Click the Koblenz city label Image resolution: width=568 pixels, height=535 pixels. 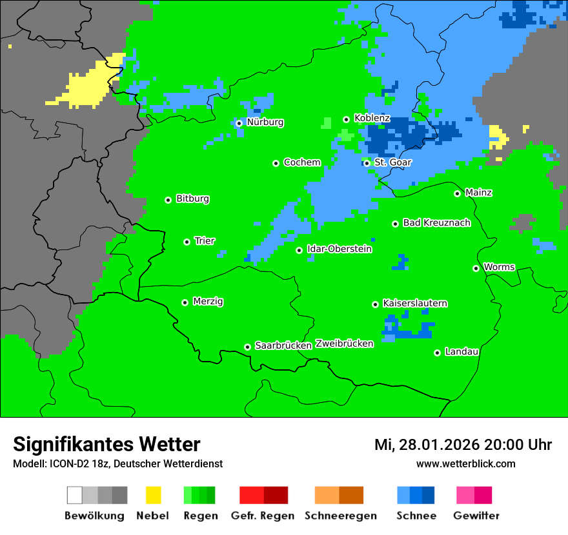(x=372, y=119)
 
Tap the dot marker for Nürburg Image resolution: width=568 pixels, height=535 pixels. (x=239, y=123)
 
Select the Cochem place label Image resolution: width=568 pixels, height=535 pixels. (x=301, y=162)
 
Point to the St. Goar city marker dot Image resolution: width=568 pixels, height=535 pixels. (x=367, y=163)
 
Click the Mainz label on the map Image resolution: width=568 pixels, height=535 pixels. (x=478, y=193)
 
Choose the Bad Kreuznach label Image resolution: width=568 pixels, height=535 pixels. (x=436, y=223)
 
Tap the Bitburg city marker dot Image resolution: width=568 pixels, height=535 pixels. (x=168, y=200)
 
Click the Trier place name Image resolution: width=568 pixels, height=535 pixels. (x=205, y=241)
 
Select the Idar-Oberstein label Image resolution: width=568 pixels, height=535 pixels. (x=340, y=249)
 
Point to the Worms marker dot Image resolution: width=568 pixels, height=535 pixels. (x=476, y=268)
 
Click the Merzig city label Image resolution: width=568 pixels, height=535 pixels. (x=208, y=302)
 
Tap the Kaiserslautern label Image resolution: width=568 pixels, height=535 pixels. (x=415, y=304)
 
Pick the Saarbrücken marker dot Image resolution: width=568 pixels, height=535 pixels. (x=247, y=347)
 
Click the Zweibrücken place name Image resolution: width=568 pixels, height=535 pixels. (x=344, y=344)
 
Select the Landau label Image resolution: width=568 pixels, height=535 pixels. (x=462, y=352)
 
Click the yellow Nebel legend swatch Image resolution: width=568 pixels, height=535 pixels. (x=154, y=495)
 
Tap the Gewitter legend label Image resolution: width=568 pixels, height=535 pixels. (x=476, y=516)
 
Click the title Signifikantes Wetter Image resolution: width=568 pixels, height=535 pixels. (x=107, y=445)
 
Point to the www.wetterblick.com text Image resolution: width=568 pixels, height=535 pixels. (x=465, y=464)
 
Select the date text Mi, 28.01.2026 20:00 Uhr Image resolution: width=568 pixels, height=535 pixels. (x=463, y=445)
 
